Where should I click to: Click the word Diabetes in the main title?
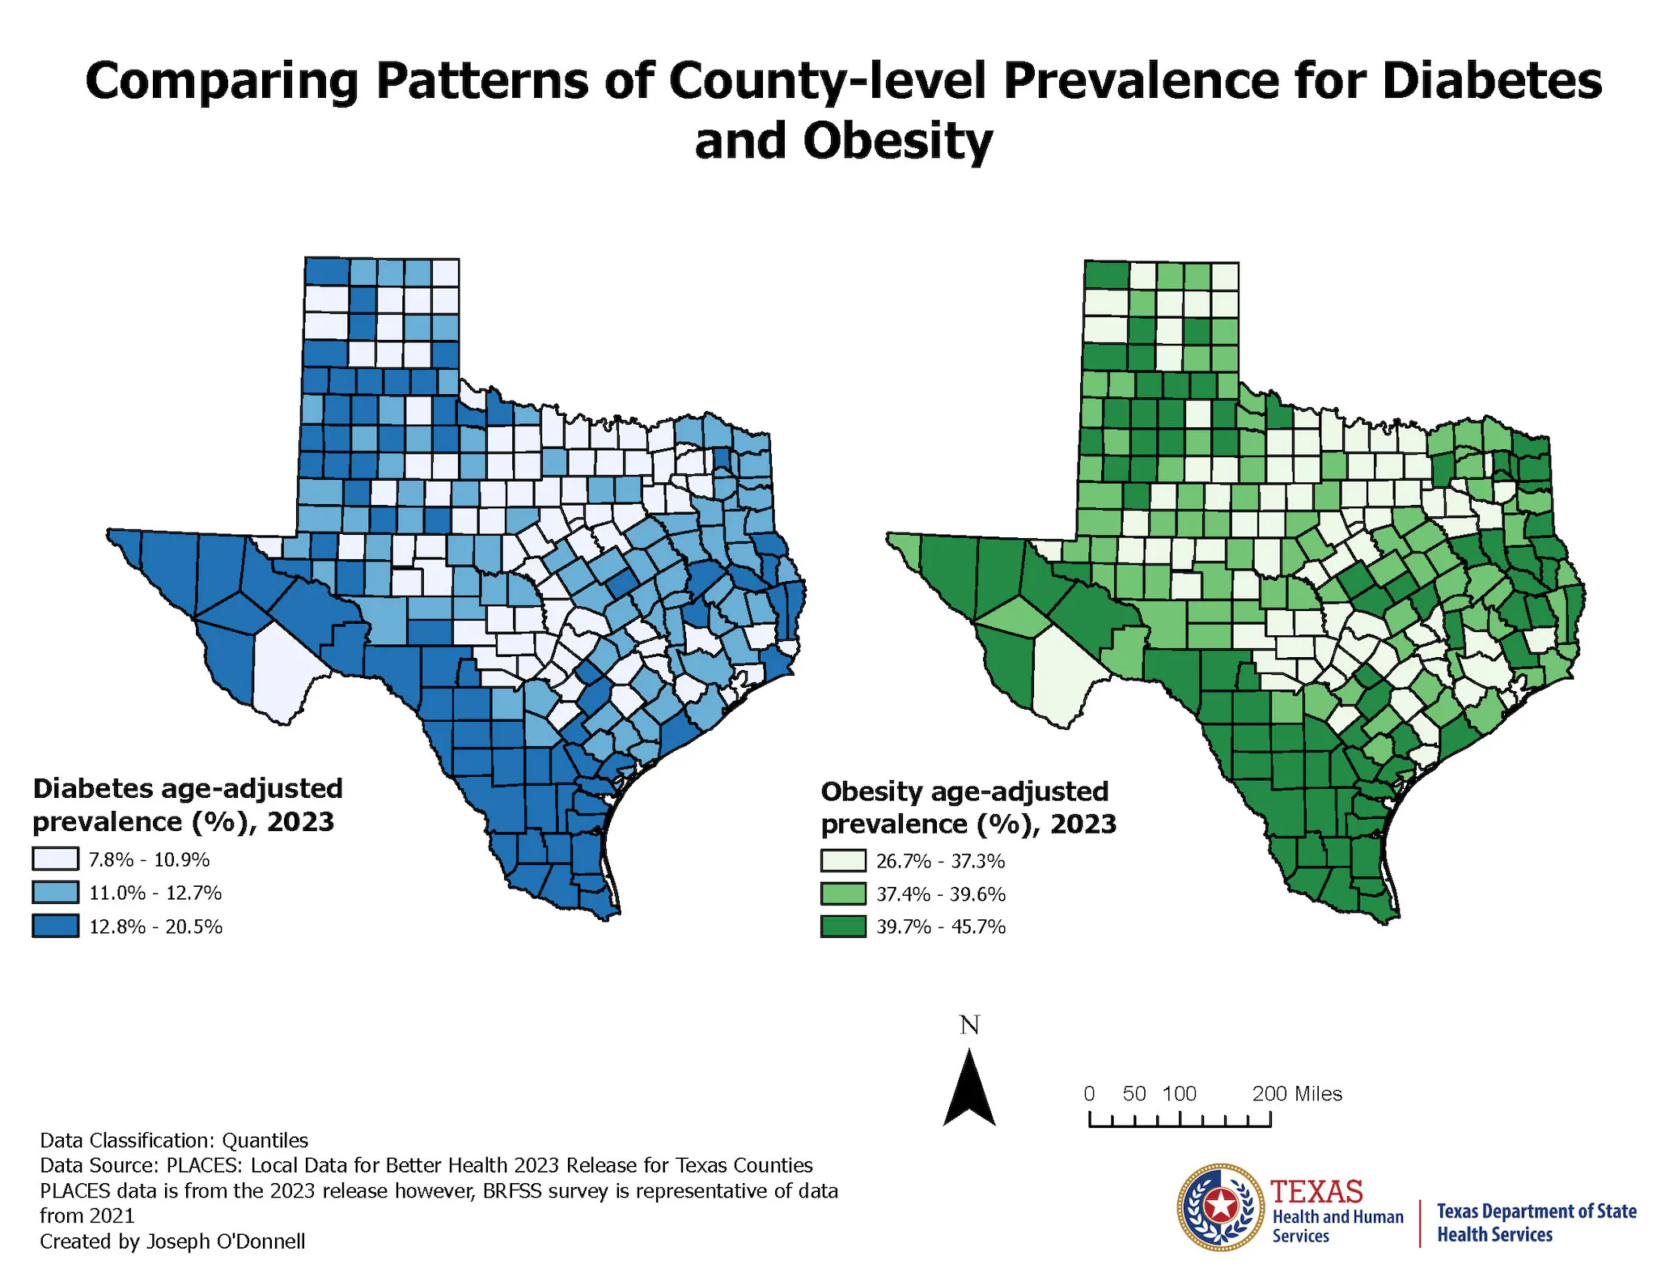(x=1492, y=81)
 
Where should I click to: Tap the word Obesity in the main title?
(x=897, y=141)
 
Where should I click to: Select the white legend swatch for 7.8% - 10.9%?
(x=56, y=859)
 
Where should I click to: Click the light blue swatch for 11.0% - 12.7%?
(x=56, y=893)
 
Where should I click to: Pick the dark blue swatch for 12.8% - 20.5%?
(x=56, y=926)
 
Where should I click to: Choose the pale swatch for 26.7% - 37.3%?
(x=843, y=861)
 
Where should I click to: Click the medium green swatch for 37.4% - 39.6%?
(x=843, y=894)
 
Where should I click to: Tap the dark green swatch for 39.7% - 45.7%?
(x=843, y=927)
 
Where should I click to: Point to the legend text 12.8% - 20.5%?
(x=155, y=927)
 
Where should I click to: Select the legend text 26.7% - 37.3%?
(x=940, y=861)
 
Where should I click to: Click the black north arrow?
(x=969, y=1088)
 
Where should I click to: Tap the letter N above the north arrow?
(x=969, y=1025)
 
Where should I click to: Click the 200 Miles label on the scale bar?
(x=1297, y=1094)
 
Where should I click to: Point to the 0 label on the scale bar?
(x=1090, y=1094)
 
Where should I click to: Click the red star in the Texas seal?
(x=1220, y=1207)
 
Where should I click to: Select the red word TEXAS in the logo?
(x=1316, y=1192)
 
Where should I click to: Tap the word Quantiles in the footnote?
(x=265, y=1140)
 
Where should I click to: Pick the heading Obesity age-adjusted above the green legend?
(x=964, y=791)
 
